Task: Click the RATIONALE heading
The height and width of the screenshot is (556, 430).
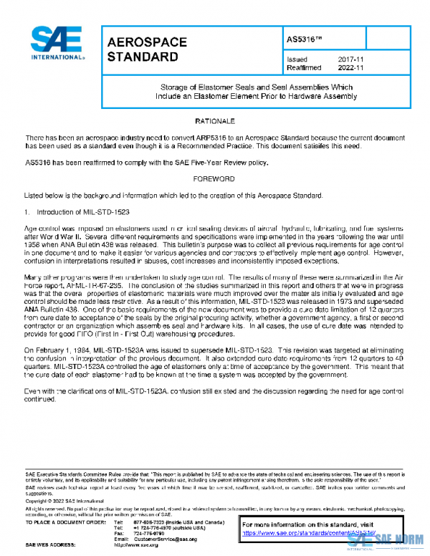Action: (x=215, y=121)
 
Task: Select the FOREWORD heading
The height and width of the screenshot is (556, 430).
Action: (x=215, y=178)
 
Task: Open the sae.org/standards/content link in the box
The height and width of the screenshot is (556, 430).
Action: (x=308, y=534)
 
